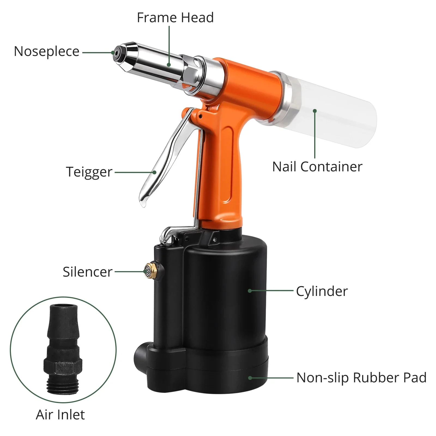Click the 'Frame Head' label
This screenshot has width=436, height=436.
(x=175, y=18)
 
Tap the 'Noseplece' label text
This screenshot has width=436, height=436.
(x=47, y=52)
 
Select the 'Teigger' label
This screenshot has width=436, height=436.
(x=89, y=172)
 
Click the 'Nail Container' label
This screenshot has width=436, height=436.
(x=317, y=167)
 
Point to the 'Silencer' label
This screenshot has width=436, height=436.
(x=87, y=272)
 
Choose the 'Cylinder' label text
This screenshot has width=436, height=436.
(x=322, y=291)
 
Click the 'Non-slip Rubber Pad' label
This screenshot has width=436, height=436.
(x=361, y=378)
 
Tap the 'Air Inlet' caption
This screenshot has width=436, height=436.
(x=60, y=415)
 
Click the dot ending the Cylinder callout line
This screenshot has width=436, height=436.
(x=250, y=291)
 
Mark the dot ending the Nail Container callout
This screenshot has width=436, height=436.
(x=315, y=111)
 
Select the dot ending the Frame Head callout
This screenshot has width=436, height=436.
(x=169, y=65)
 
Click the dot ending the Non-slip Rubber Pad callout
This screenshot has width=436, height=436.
(x=250, y=378)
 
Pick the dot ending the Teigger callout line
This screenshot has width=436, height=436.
(x=154, y=172)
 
